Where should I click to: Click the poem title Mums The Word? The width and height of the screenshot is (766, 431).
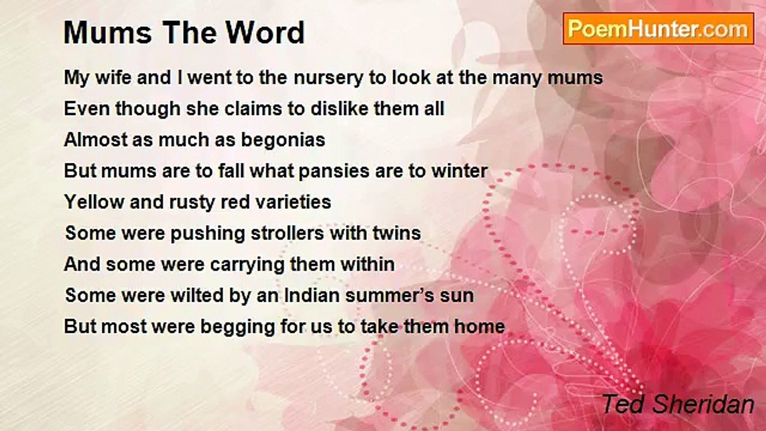point(184,33)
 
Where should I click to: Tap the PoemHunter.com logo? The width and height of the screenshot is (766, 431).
point(658,29)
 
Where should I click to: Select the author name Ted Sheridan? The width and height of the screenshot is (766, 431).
point(677,404)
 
